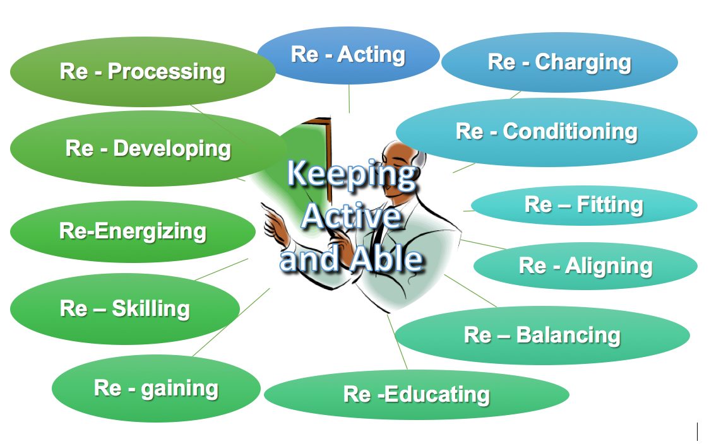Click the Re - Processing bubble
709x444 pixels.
click(143, 71)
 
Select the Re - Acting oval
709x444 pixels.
click(348, 55)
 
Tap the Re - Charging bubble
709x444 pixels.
click(559, 62)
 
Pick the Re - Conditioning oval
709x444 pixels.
click(547, 132)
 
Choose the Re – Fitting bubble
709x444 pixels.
click(584, 205)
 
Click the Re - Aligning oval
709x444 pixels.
click(585, 266)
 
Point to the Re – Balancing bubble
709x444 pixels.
click(542, 335)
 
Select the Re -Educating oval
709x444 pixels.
click(417, 394)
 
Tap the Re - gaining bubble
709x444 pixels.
click(156, 389)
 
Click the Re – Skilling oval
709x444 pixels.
click(125, 309)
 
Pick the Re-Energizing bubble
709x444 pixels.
click(133, 231)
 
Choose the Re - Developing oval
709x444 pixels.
click(148, 149)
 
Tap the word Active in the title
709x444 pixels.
click(351, 216)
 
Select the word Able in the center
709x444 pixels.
click(387, 259)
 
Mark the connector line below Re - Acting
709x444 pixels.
click(349, 98)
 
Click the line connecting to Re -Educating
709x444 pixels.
click(397, 342)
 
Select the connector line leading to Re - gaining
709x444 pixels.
click(231, 322)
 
